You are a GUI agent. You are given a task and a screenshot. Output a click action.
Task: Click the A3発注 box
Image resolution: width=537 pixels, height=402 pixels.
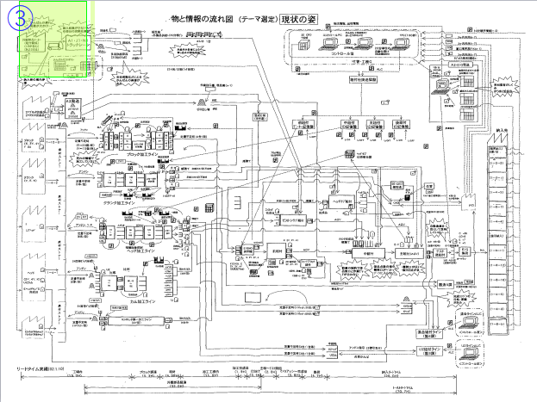click(73, 102)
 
